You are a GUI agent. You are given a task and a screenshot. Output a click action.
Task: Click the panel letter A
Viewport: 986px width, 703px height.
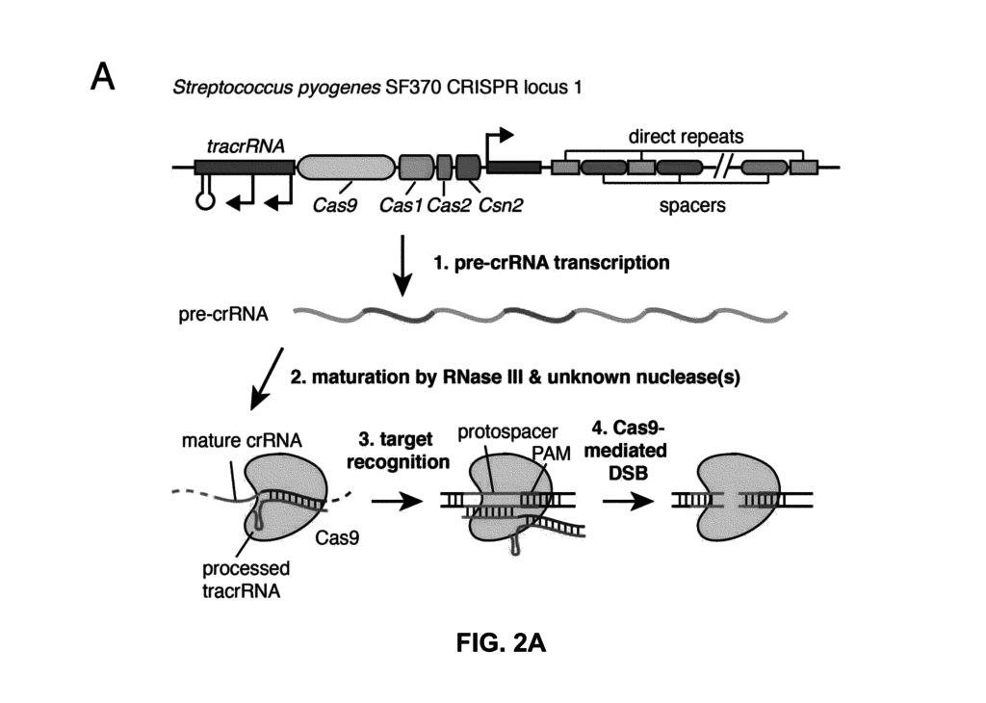[x=103, y=77]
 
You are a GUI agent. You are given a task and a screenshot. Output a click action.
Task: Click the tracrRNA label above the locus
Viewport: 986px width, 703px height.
[x=235, y=146]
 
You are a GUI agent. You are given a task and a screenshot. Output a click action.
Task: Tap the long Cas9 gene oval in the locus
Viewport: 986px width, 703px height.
[x=346, y=168]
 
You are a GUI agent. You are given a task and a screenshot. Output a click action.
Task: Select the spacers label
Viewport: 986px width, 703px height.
[x=691, y=205]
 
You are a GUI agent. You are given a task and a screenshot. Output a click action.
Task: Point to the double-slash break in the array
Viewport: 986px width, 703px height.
[x=720, y=169]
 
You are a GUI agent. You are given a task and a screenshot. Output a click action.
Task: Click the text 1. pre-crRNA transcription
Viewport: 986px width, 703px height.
[x=553, y=262]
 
